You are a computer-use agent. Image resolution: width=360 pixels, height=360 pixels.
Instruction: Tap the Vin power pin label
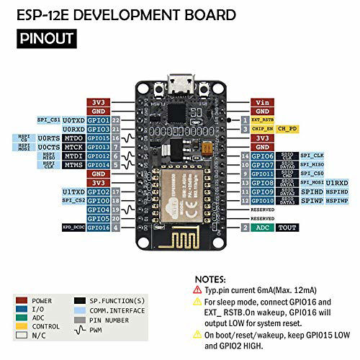tap(262, 103)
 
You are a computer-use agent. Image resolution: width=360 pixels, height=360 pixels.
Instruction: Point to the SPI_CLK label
tap(312, 156)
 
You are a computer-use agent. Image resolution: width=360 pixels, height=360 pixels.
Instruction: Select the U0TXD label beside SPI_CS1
tap(75, 120)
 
